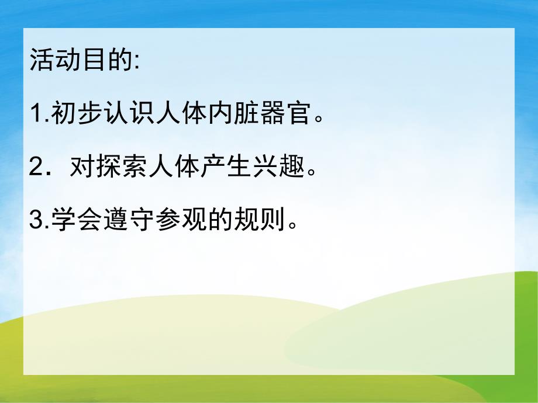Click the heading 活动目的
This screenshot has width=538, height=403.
click(80, 61)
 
